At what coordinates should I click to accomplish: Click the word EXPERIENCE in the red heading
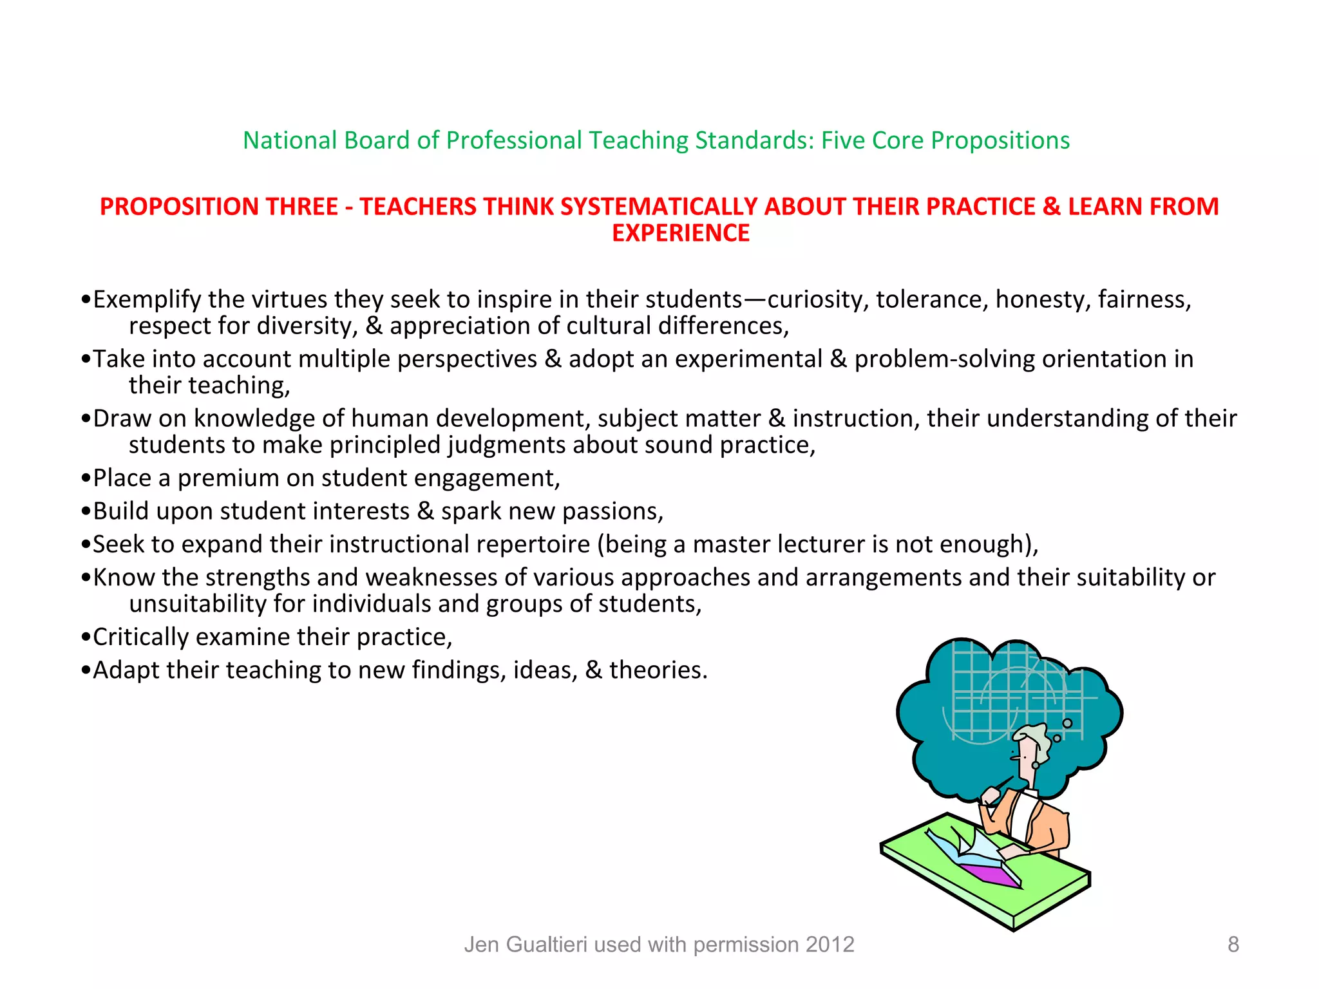click(x=681, y=233)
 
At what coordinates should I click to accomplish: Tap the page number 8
click(x=1233, y=944)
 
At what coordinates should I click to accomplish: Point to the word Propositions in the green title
click(x=1000, y=140)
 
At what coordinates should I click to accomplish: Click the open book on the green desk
click(x=973, y=850)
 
